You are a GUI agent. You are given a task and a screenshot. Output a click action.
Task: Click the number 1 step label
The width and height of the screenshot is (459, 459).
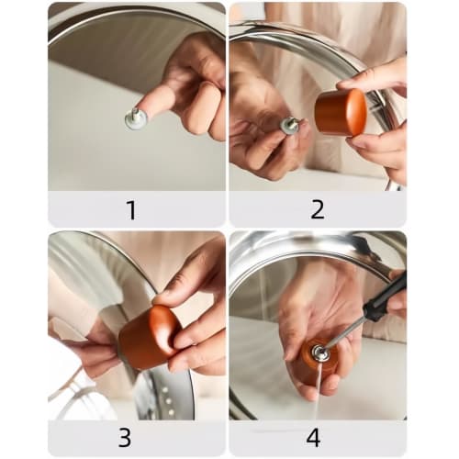coord(131,209)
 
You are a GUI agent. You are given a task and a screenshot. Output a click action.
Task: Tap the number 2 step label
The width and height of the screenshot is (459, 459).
coord(318,209)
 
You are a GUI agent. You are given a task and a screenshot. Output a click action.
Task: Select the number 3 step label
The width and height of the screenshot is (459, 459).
coord(131,436)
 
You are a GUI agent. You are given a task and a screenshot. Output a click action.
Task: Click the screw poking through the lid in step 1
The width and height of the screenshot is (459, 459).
coord(136,118)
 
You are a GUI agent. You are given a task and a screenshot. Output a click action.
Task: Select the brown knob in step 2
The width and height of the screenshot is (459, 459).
coord(341,112)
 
